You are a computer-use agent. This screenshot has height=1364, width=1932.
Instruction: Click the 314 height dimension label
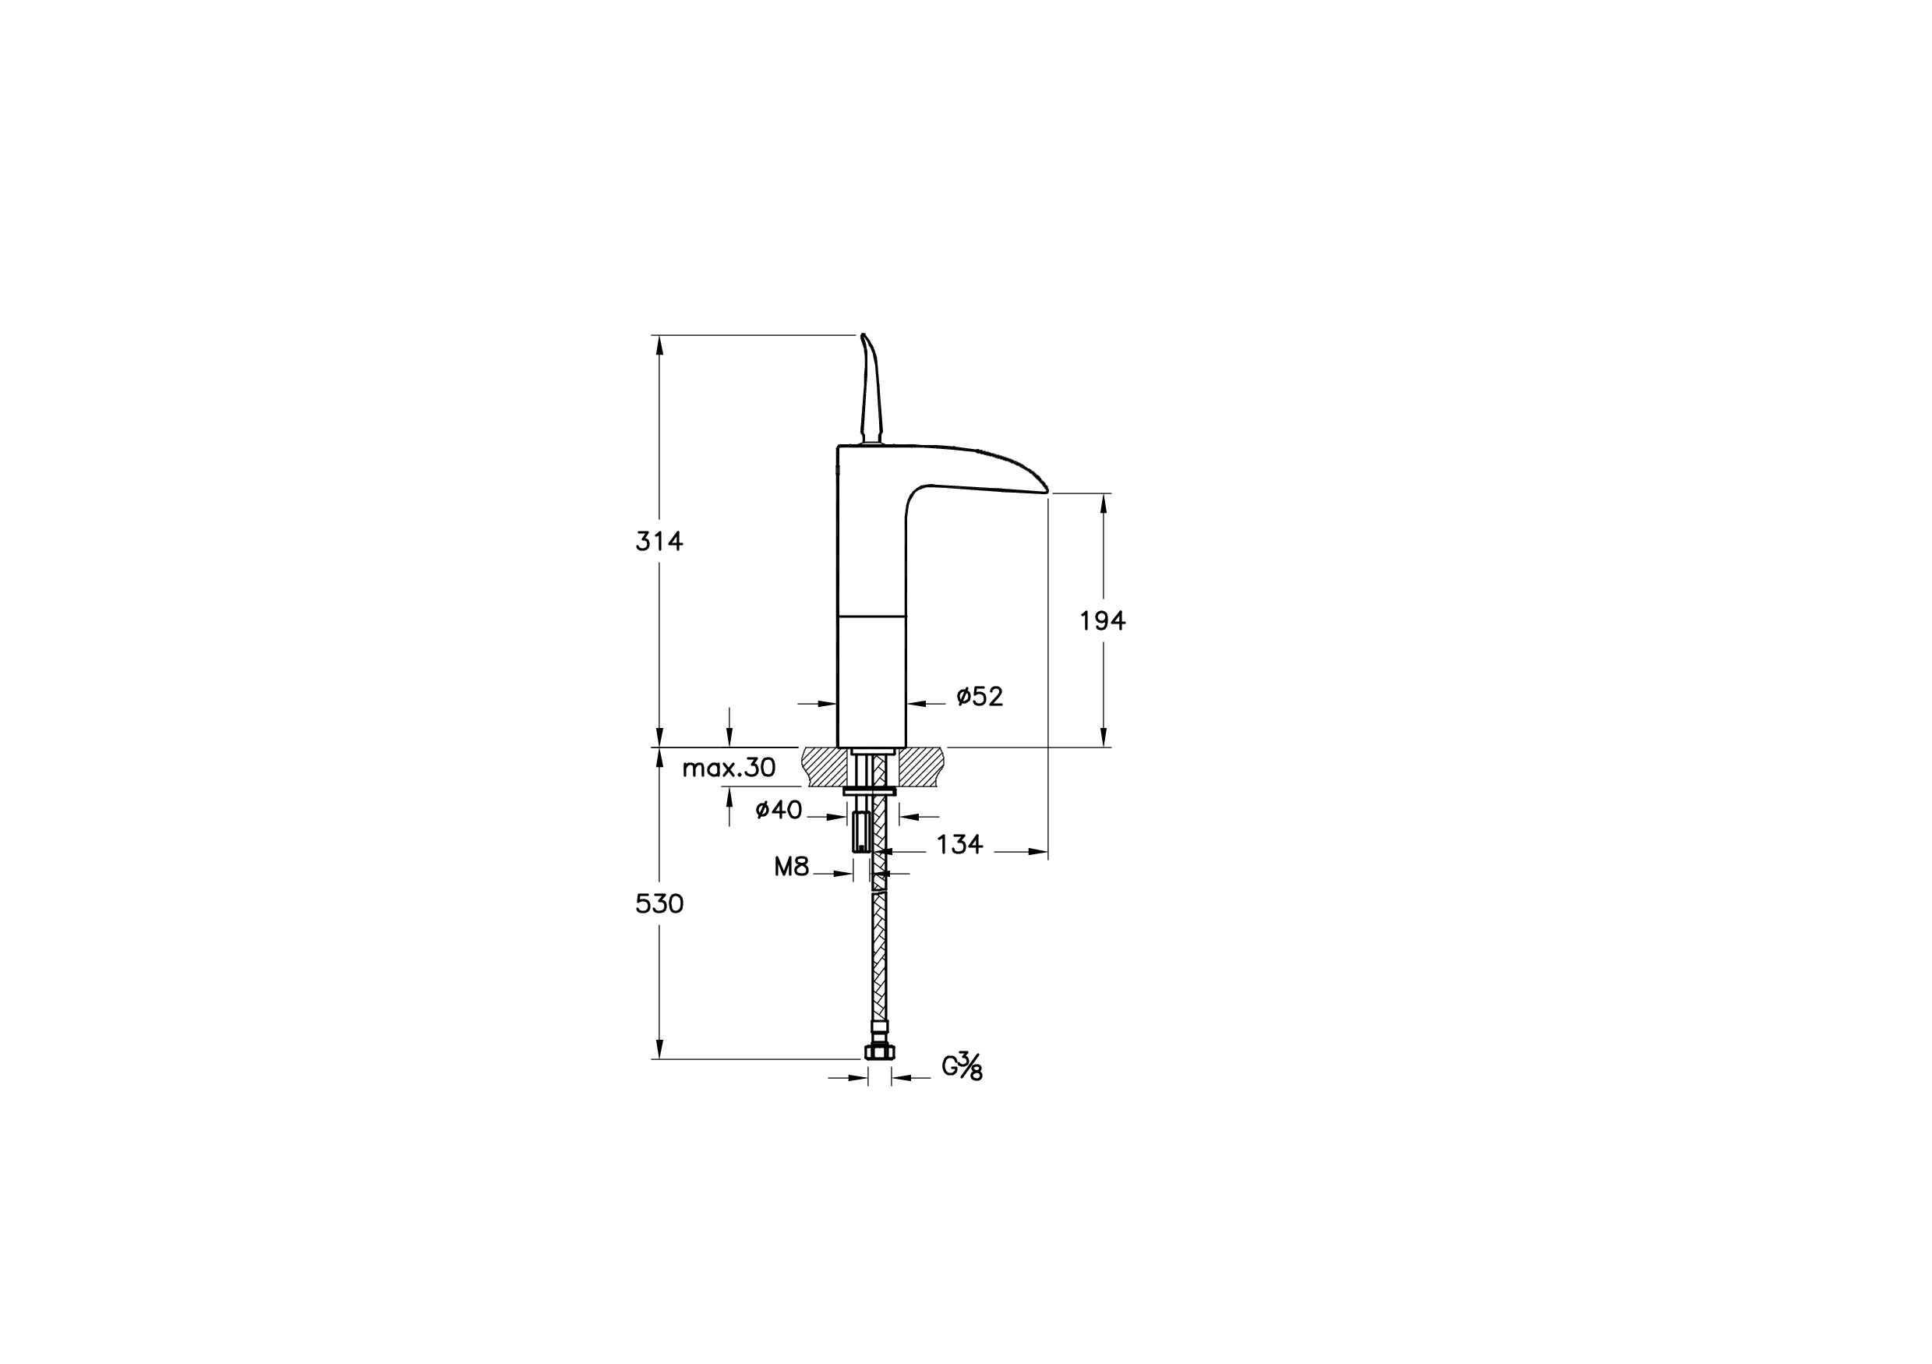click(x=659, y=542)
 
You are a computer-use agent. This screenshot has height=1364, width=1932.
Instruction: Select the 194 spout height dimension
click(x=1102, y=621)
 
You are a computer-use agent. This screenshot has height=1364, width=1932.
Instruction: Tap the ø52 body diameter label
click(x=980, y=697)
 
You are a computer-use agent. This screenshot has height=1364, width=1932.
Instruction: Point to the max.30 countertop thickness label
click(x=729, y=768)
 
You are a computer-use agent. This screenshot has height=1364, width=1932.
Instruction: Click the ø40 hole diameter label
click(x=779, y=810)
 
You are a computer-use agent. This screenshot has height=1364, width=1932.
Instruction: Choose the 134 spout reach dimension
click(x=960, y=844)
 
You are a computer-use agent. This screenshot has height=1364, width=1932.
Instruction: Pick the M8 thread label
click(x=792, y=867)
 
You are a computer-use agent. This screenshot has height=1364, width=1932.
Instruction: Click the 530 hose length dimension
click(x=659, y=903)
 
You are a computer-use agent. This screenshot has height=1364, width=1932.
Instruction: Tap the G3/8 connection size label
click(x=962, y=1066)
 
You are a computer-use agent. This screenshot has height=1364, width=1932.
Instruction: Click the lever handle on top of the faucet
click(x=870, y=389)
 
